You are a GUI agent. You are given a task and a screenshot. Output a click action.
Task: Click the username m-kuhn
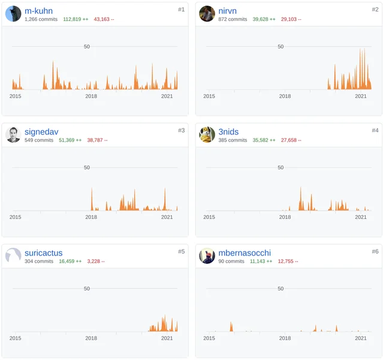pyautogui.click(x=38, y=11)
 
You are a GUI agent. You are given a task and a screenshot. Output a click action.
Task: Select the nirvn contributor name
pyautogui.click(x=228, y=11)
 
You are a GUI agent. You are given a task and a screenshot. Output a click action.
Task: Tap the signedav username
pyautogui.click(x=41, y=132)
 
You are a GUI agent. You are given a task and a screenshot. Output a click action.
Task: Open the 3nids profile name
pyautogui.click(x=228, y=132)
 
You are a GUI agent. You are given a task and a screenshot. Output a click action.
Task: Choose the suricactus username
pyautogui.click(x=43, y=253)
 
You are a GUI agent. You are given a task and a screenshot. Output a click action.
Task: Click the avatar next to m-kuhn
pyautogui.click(x=13, y=14)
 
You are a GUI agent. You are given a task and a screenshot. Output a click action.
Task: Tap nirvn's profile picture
pyautogui.click(x=207, y=14)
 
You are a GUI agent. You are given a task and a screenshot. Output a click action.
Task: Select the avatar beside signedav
pyautogui.click(x=13, y=135)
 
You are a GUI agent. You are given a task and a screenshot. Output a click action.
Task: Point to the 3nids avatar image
pyautogui.click(x=207, y=135)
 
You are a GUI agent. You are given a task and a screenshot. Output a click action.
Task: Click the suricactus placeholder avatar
pyautogui.click(x=13, y=256)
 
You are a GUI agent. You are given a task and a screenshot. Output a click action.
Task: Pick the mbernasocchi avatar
pyautogui.click(x=207, y=256)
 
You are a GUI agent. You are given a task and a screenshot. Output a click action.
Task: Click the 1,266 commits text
pyautogui.click(x=41, y=20)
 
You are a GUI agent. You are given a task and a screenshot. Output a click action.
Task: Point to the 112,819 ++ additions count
pyautogui.click(x=76, y=20)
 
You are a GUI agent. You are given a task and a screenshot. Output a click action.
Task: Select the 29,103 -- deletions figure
pyautogui.click(x=291, y=20)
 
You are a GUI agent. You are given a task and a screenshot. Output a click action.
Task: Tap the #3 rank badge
pyautogui.click(x=181, y=130)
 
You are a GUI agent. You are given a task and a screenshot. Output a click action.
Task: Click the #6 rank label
pyautogui.click(x=375, y=251)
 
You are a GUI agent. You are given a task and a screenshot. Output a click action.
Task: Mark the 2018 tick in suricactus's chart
pyautogui.click(x=91, y=338)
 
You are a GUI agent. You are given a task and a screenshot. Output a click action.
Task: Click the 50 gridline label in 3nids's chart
pyautogui.click(x=281, y=167)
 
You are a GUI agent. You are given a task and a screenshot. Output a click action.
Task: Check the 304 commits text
pyautogui.click(x=39, y=262)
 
